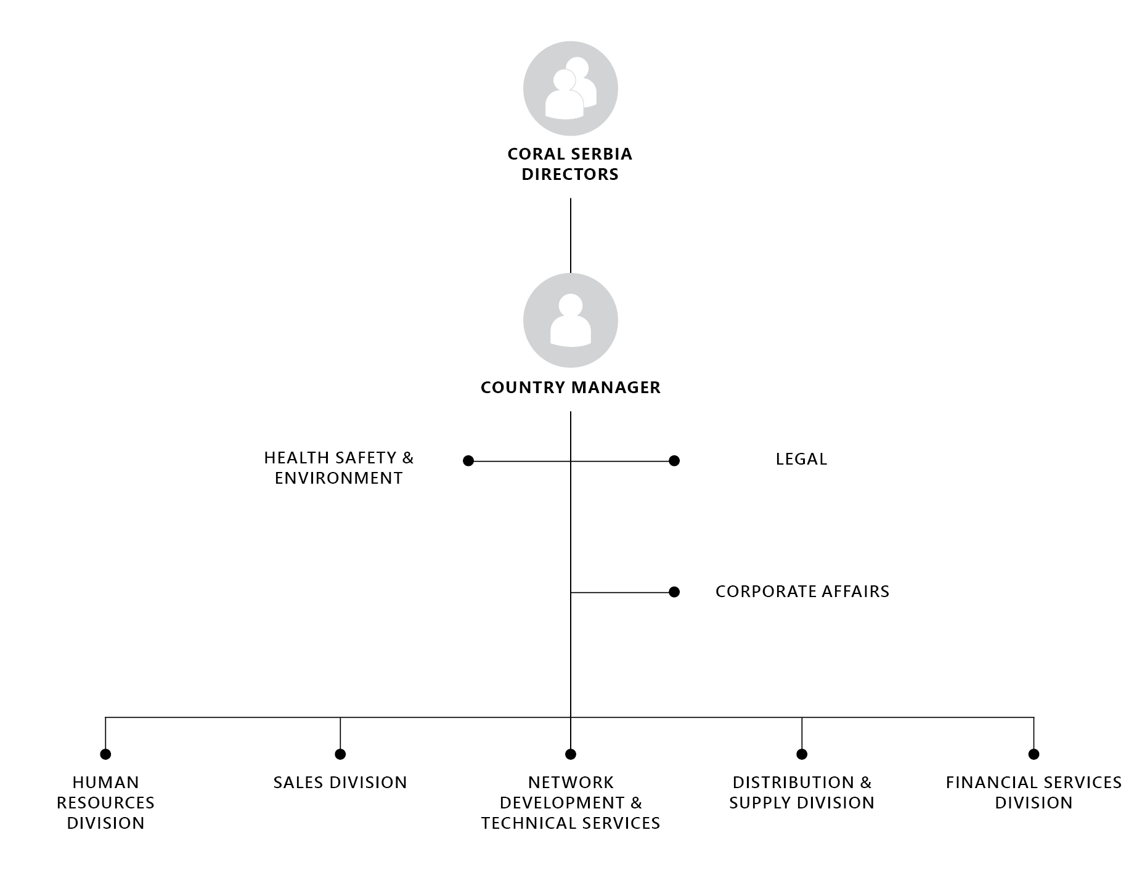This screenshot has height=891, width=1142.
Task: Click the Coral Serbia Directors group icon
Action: click(x=571, y=89)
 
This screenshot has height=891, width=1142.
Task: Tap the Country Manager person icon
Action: click(x=571, y=320)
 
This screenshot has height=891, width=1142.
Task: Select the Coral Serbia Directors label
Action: click(x=570, y=164)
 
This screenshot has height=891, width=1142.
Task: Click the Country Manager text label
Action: click(x=571, y=388)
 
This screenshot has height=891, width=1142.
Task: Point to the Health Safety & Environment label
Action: click(x=339, y=468)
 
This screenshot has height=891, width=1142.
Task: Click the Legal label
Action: click(x=802, y=459)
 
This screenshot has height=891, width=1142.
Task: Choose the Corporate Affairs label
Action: click(x=802, y=592)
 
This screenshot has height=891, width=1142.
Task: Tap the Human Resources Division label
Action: click(x=106, y=802)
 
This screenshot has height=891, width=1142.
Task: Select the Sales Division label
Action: click(x=340, y=783)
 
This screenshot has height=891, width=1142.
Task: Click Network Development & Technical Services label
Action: click(x=571, y=802)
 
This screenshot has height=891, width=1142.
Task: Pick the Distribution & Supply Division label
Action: click(x=802, y=792)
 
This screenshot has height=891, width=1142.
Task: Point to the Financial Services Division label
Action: click(x=1034, y=792)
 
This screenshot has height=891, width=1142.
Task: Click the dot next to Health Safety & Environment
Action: click(x=468, y=461)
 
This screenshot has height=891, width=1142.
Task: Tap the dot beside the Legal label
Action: click(x=674, y=461)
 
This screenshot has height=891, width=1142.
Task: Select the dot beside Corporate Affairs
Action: click(x=674, y=592)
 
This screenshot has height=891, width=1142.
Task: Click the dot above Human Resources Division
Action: click(x=105, y=754)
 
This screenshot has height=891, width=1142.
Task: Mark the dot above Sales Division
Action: click(x=340, y=754)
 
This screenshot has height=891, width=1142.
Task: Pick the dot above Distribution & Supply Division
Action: click(x=802, y=754)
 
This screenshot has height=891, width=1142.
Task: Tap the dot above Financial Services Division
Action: click(x=1034, y=754)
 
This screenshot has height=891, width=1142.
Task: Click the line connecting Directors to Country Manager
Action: click(x=571, y=235)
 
